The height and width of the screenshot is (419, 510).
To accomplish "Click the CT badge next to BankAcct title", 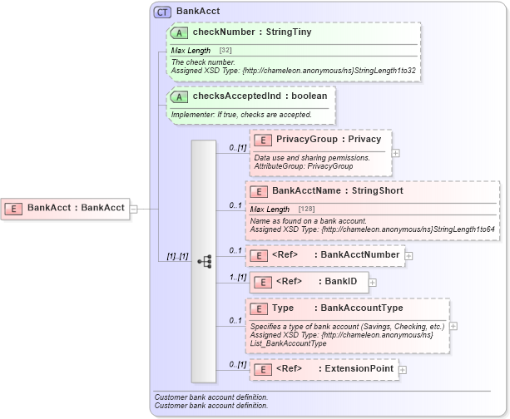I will click(x=162, y=12).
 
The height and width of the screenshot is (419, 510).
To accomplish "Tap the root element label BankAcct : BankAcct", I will click(x=76, y=208).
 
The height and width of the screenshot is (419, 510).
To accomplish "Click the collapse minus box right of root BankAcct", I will click(x=133, y=208).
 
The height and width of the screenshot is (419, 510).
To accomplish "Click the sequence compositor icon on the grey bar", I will click(x=204, y=260).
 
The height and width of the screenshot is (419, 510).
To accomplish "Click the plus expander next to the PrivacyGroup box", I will click(x=395, y=152).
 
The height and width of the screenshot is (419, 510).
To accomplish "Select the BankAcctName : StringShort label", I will click(x=337, y=191).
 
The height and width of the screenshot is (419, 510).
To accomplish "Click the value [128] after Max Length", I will click(x=305, y=209).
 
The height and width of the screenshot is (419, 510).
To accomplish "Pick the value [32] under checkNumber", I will click(x=225, y=51).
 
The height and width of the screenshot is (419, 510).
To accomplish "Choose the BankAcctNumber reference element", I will click(x=334, y=254).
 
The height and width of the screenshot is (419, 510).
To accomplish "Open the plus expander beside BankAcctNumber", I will click(x=408, y=255).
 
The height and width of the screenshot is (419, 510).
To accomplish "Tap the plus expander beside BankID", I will click(x=373, y=283).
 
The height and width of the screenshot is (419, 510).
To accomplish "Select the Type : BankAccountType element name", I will click(x=337, y=308).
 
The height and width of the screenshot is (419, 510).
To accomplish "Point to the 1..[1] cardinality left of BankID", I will click(x=239, y=277).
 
